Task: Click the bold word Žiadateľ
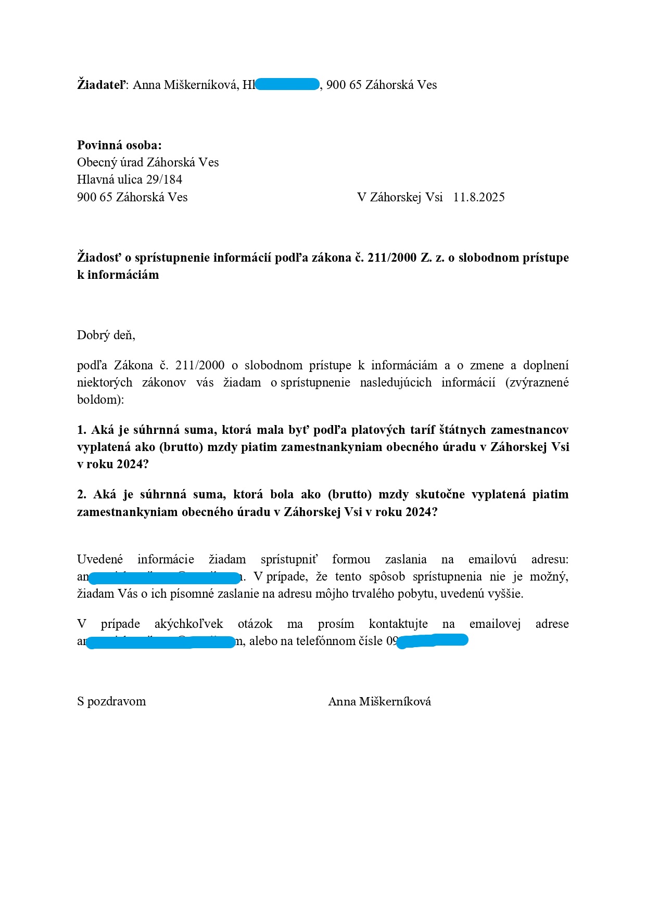point(101,85)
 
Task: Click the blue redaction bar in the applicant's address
point(287,84)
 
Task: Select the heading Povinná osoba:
point(119,145)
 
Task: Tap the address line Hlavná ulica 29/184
point(130,179)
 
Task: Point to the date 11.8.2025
point(478,197)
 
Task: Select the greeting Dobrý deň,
point(106,335)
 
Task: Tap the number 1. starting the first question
point(82,430)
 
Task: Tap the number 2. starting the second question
point(82,494)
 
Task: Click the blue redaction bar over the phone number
point(433,640)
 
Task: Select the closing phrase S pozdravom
point(111,701)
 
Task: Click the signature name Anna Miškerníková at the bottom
point(379,701)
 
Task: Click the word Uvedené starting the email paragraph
point(100,559)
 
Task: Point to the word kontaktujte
point(398,624)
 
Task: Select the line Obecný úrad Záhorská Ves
point(148,162)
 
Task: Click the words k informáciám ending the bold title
point(118,275)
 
